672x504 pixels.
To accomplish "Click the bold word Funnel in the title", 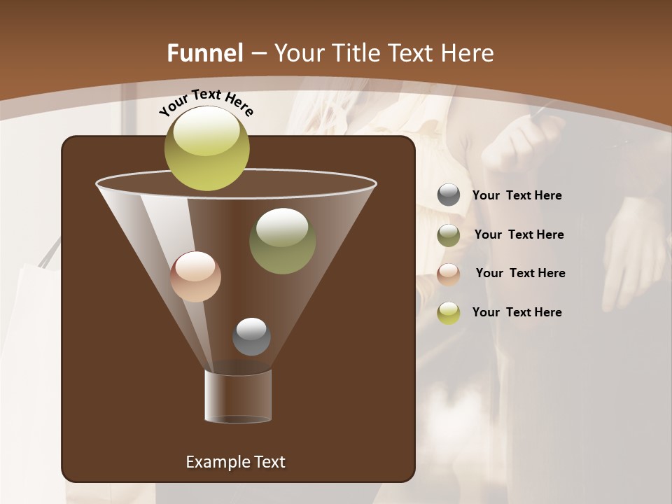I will (x=204, y=53).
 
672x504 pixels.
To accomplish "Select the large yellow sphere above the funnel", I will (x=206, y=148).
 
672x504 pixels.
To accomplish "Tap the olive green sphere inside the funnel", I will (x=282, y=241).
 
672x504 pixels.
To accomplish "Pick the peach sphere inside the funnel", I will (x=195, y=276).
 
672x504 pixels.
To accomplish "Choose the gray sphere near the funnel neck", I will (x=251, y=337).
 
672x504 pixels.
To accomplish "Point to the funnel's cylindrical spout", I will (x=237, y=396).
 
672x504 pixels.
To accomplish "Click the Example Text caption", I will (x=235, y=462).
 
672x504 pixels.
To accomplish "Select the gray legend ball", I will (x=449, y=195).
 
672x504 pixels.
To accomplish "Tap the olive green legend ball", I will (x=449, y=234).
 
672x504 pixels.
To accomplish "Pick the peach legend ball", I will (x=449, y=274).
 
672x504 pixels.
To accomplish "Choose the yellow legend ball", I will (x=449, y=312).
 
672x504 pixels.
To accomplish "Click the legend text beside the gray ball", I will (x=517, y=196).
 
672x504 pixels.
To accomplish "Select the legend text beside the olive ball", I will (x=519, y=235).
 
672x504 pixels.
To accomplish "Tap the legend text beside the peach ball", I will (x=520, y=274).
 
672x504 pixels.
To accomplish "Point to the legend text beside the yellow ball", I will (x=517, y=312).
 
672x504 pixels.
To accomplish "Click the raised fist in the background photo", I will (x=521, y=143).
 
